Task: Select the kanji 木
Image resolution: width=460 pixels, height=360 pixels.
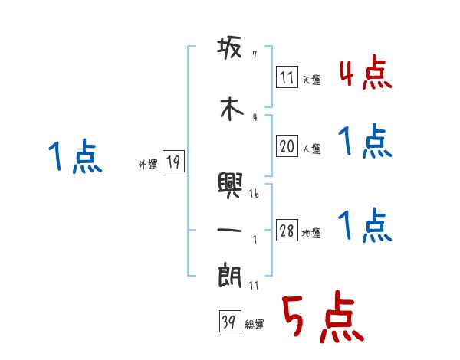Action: tap(230, 109)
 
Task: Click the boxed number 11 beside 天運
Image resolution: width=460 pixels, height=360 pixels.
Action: tap(287, 77)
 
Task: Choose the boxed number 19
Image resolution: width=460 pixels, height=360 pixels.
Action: tap(173, 162)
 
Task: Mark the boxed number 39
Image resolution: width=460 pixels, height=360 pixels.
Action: tap(228, 322)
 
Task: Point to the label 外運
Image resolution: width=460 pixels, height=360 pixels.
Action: tap(147, 165)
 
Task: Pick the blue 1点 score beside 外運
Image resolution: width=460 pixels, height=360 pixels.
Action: tap(74, 159)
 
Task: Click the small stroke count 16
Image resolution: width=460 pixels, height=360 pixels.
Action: tap(254, 194)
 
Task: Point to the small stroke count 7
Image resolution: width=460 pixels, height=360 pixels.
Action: tap(254, 55)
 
